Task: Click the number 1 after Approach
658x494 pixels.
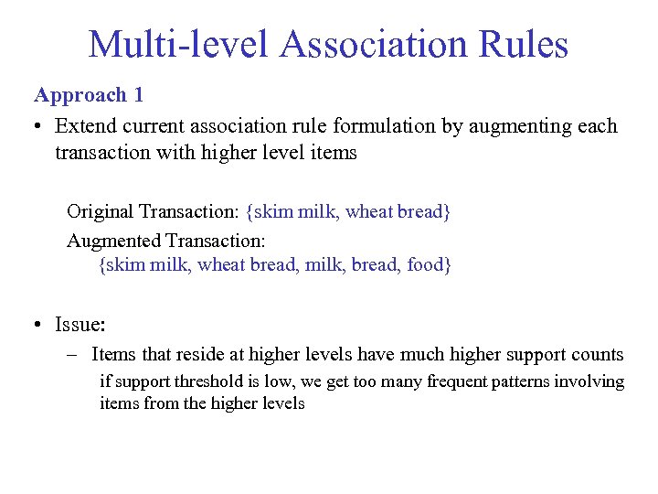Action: click(138, 95)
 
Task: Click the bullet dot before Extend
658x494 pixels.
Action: click(39, 126)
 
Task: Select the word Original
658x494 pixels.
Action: click(100, 212)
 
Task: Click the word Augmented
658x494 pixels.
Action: click(113, 241)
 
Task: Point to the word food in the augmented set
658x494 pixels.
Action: click(424, 265)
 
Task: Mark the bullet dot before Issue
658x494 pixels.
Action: click(39, 324)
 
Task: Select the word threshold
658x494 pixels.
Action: click(215, 381)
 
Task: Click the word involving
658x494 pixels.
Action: click(590, 381)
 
